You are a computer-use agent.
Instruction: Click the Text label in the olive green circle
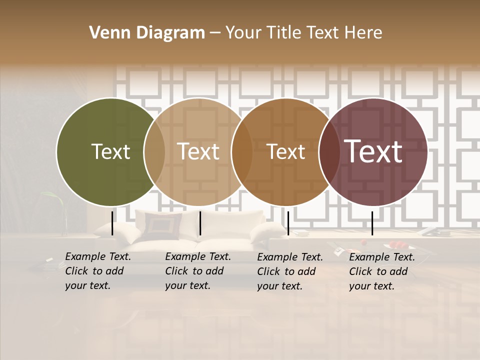pyautogui.click(x=110, y=151)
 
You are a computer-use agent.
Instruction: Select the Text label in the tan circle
pyautogui.click(x=198, y=151)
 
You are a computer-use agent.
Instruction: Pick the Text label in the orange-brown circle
pyautogui.click(x=286, y=151)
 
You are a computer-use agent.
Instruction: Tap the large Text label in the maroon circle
pyautogui.click(x=373, y=151)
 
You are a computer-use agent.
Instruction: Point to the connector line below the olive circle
pyautogui.click(x=112, y=223)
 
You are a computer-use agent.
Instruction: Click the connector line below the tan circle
pyautogui.click(x=200, y=223)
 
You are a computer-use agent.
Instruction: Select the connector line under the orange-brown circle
pyautogui.click(x=288, y=223)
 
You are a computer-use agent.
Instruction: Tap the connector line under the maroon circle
pyautogui.click(x=372, y=223)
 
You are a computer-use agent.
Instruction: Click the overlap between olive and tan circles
pyautogui.click(x=154, y=151)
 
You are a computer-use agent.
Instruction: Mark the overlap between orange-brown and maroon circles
pyautogui.click(x=329, y=151)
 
